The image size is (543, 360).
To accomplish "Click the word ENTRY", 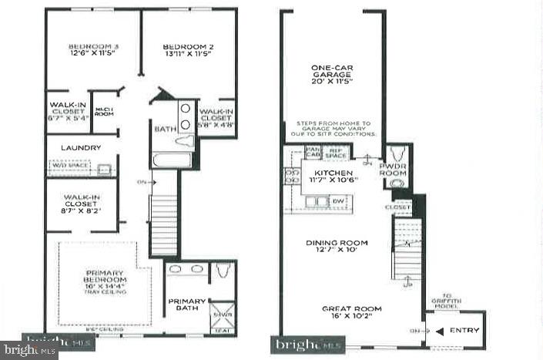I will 465,331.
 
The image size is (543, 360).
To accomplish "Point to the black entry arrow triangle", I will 441,331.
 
